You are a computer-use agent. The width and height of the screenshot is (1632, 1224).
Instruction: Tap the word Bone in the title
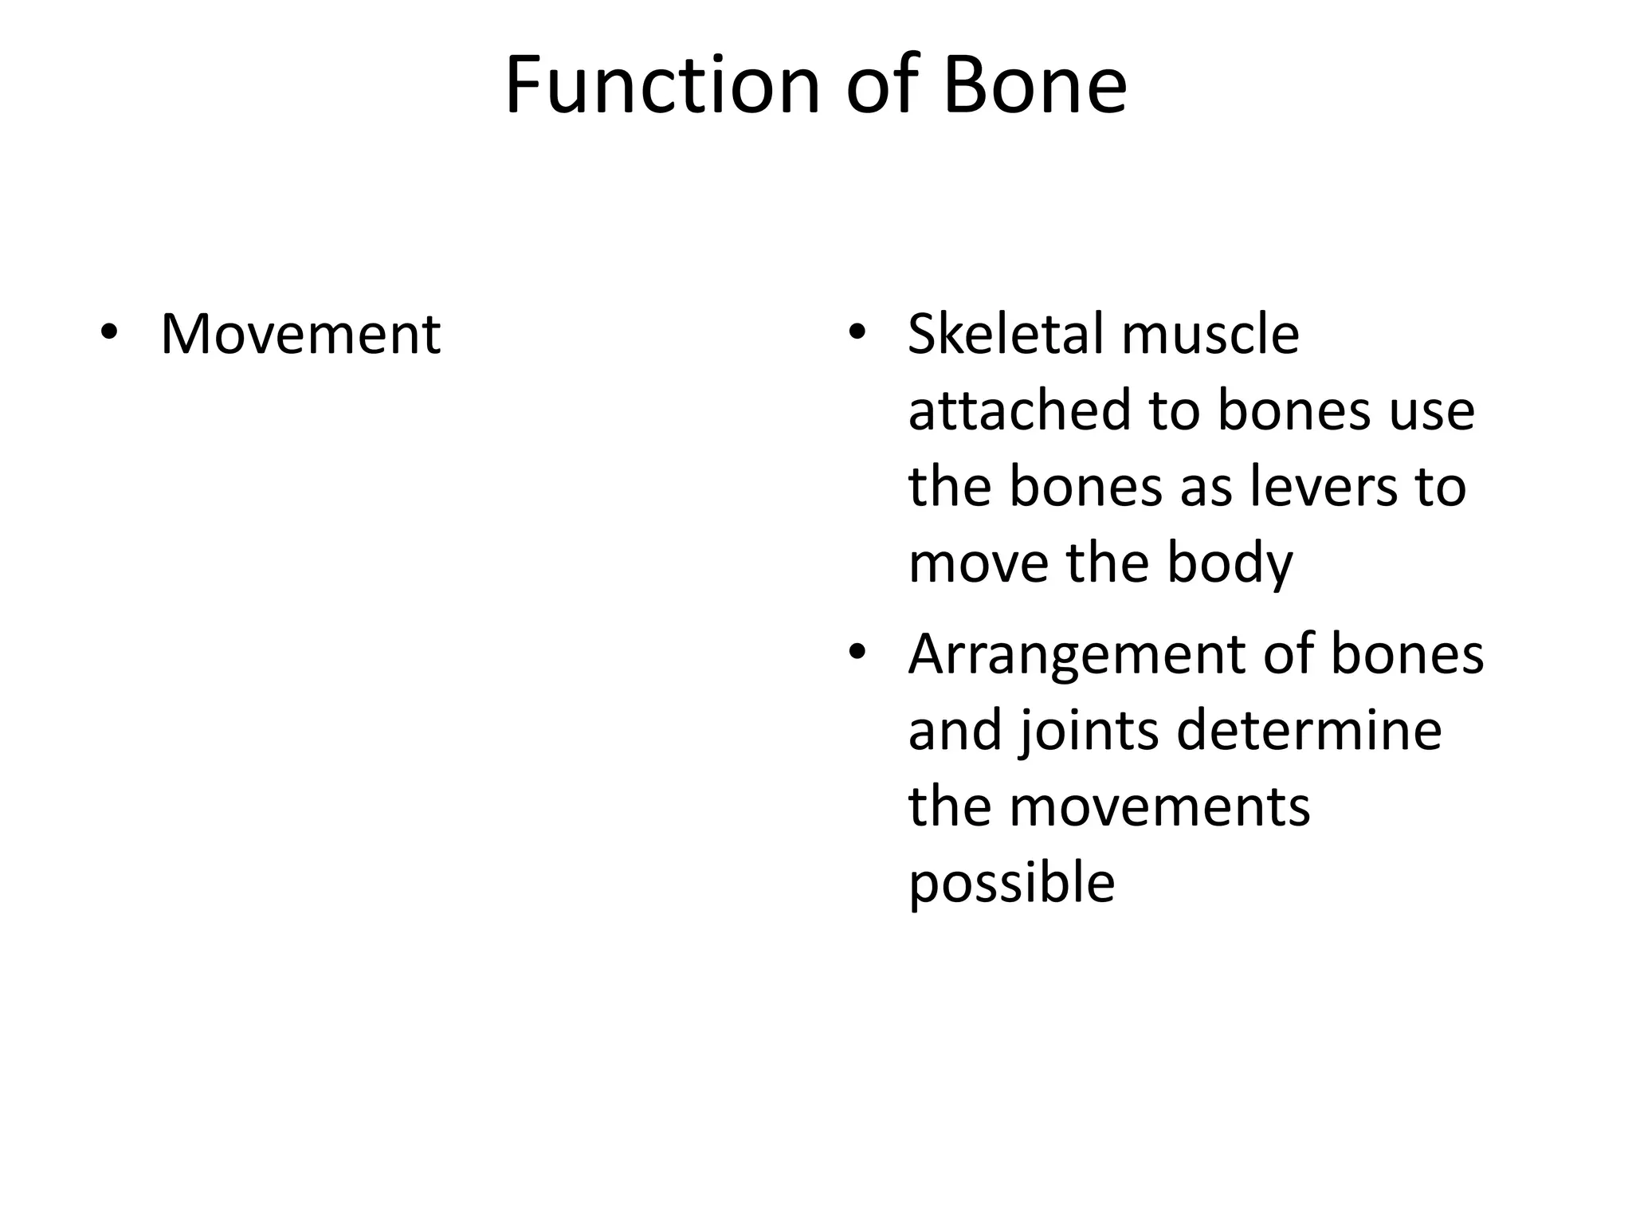(x=1034, y=85)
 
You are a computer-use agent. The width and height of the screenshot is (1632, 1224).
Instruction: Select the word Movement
(x=300, y=334)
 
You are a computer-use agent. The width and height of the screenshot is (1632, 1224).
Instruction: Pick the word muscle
(x=1210, y=334)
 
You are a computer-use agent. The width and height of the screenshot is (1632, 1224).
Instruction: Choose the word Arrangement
(x=1077, y=654)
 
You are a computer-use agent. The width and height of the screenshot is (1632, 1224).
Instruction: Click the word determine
(x=1308, y=731)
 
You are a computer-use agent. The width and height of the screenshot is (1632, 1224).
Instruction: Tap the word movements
(x=1159, y=807)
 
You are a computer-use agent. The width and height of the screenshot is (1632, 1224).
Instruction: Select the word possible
(x=1011, y=885)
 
